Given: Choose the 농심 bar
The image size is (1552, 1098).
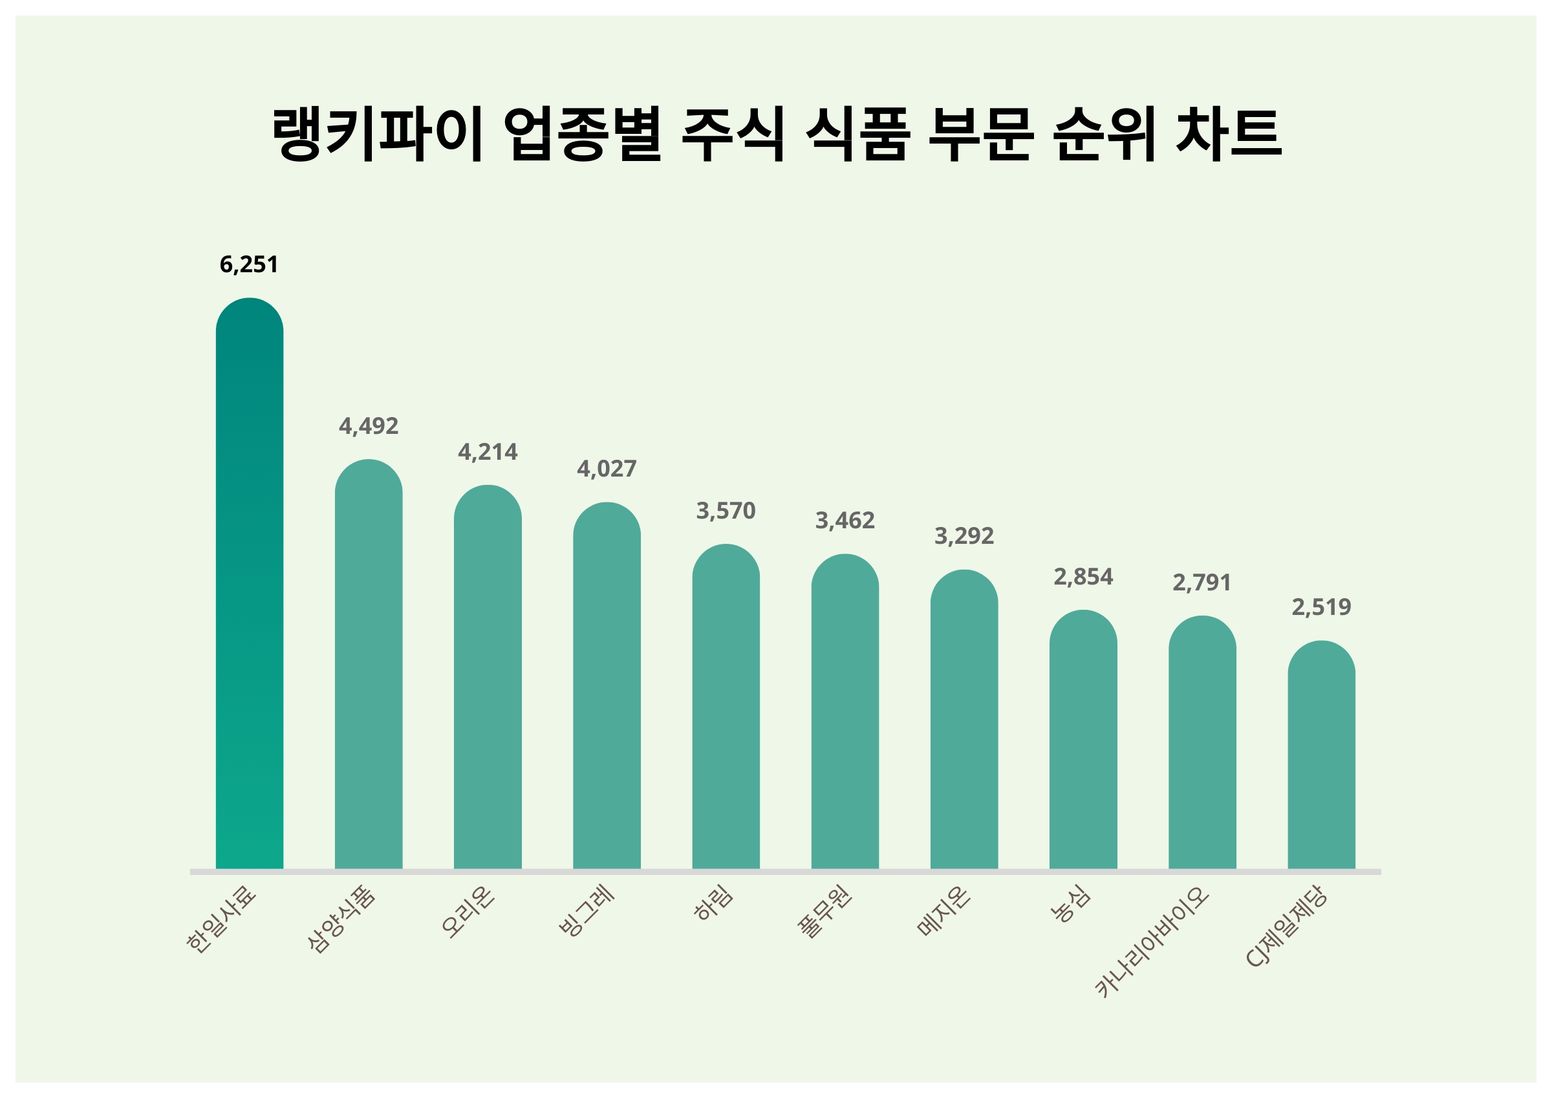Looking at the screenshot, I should [1083, 740].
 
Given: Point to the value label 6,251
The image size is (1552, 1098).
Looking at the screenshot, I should [250, 264].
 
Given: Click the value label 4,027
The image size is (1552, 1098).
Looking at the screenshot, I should [607, 469].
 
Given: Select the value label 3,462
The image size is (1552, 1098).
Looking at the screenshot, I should [845, 520].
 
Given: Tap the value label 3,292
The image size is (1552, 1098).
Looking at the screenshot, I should [964, 535].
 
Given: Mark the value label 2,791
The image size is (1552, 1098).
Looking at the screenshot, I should [1202, 582].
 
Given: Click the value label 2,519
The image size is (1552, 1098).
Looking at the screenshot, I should [1321, 607].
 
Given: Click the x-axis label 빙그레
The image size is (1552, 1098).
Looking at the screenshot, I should [587, 910].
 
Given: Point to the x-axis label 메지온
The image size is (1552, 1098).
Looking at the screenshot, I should [944, 911].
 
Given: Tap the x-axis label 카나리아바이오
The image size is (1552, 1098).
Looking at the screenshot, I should [1151, 943].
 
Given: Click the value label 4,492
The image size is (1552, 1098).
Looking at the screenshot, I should [369, 426].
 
